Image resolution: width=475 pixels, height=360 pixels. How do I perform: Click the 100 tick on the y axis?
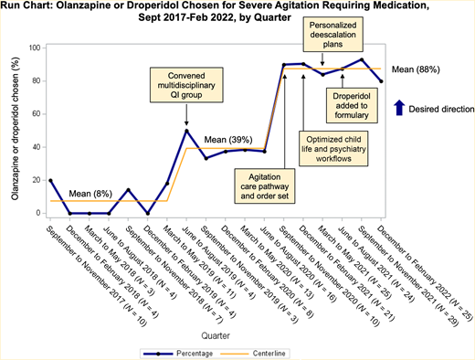click(x=37, y=48)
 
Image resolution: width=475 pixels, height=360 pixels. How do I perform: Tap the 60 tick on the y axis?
click(x=39, y=114)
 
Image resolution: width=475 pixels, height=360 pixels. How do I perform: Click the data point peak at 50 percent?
click(x=186, y=131)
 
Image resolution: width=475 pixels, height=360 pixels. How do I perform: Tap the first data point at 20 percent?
click(x=51, y=180)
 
